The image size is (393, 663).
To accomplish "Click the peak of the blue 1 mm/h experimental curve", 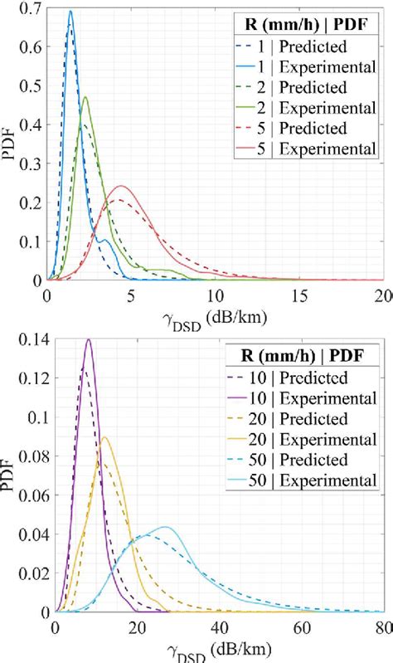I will click(70, 12).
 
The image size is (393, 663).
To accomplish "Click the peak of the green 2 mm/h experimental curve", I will click(85, 97).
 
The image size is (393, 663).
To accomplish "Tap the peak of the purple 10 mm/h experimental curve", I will click(89, 339).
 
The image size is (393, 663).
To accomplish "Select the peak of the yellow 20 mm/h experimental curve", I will click(104, 437).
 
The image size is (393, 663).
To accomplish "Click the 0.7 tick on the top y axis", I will click(30, 8).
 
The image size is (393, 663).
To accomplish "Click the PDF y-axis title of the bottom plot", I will click(10, 475).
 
